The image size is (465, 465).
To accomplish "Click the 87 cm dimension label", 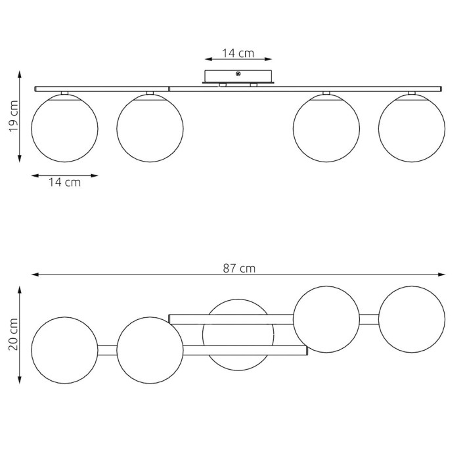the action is pos(239,269).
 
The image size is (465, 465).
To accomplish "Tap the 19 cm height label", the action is pos(14,116).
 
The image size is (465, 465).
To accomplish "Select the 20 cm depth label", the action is pos(14,334).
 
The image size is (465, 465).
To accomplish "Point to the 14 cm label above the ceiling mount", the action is pos(238,53).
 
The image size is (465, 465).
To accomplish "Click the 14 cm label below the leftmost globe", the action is pos(64,183).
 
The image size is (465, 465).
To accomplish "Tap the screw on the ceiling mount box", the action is pos(238,74).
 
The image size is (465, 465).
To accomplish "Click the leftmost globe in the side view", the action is pos(64,129).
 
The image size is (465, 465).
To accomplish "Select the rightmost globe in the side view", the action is pos(412,129).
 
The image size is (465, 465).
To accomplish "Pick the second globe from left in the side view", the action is pos(150,129).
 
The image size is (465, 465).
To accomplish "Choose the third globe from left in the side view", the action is pos(326,129).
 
